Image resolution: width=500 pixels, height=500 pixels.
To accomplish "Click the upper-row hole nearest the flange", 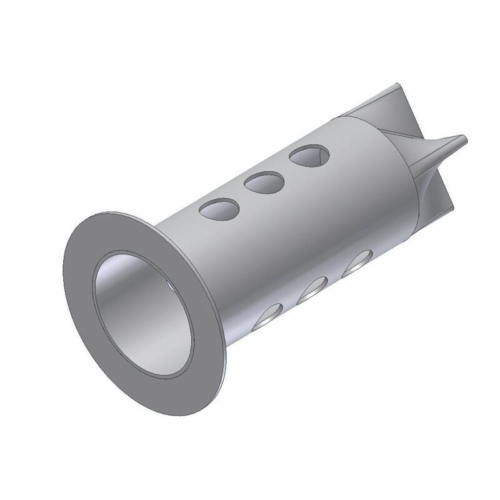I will tap(219, 209).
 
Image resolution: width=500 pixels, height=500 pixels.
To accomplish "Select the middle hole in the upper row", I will tap(264, 182).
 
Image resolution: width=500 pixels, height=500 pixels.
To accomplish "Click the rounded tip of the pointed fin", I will tap(461, 138).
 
